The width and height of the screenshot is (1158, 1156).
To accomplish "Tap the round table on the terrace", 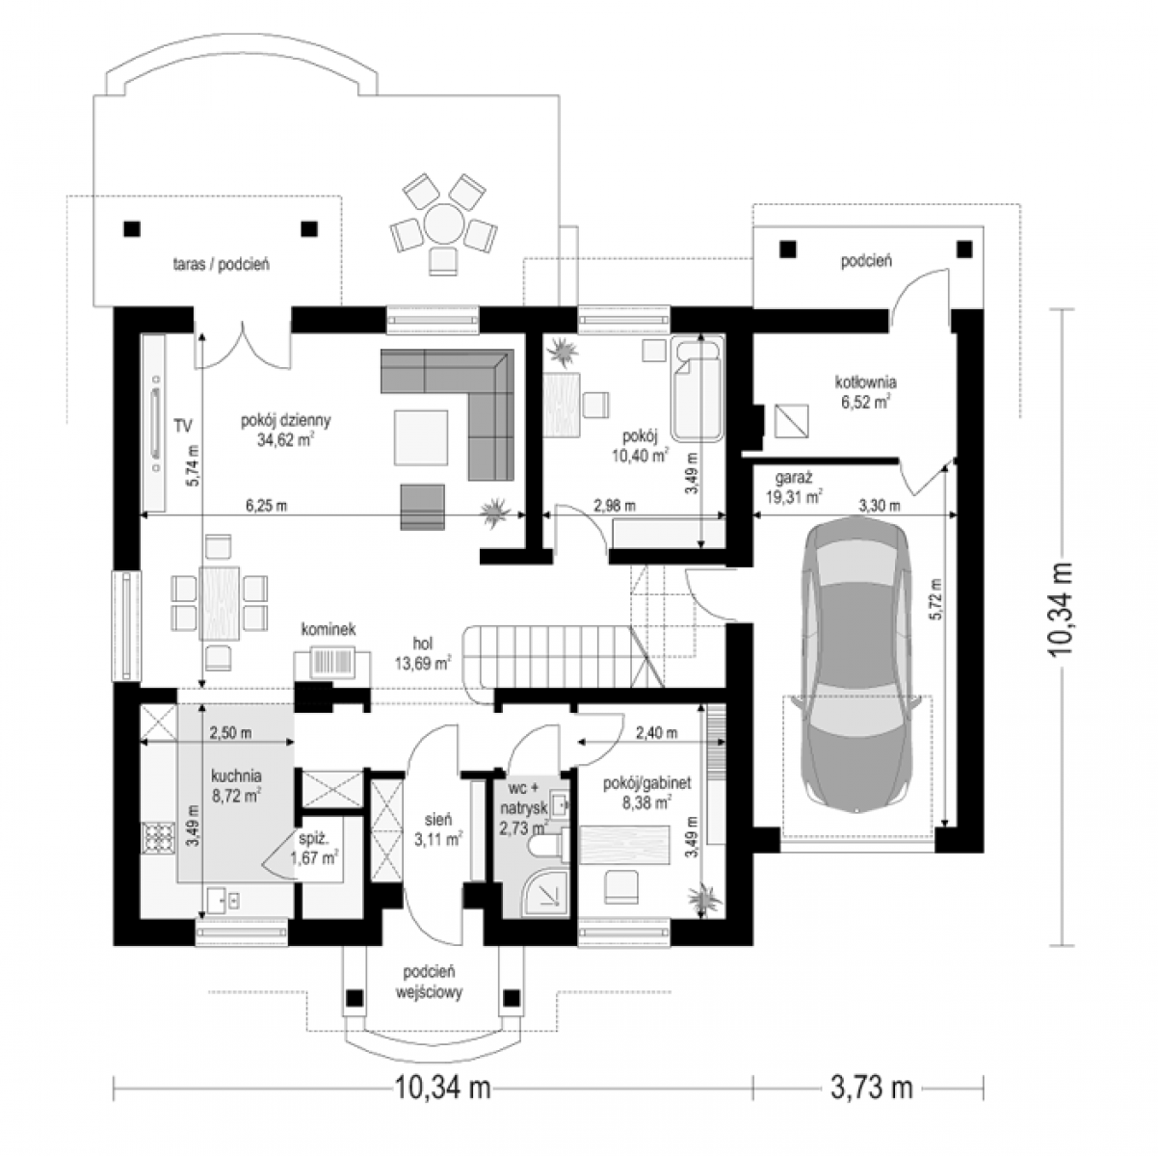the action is pyautogui.click(x=444, y=223).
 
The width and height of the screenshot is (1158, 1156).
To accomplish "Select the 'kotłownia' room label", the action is pyautogui.click(x=865, y=381).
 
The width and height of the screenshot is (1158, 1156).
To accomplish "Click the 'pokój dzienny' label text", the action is pyautogui.click(x=285, y=420).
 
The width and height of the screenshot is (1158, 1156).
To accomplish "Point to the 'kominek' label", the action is pyautogui.click(x=329, y=629).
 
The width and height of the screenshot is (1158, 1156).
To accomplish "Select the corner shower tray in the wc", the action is pyautogui.click(x=544, y=897).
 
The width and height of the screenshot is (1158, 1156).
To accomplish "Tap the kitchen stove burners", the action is pyautogui.click(x=158, y=839).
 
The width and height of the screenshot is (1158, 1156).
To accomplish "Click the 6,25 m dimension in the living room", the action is pyautogui.click(x=266, y=506).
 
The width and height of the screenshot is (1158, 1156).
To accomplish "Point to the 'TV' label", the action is pyautogui.click(x=183, y=426).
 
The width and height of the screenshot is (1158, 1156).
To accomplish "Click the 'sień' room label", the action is pyautogui.click(x=437, y=820).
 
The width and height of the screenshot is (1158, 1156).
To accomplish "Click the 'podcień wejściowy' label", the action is pyautogui.click(x=429, y=982).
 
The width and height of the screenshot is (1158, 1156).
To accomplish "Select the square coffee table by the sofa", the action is pyautogui.click(x=421, y=437).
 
